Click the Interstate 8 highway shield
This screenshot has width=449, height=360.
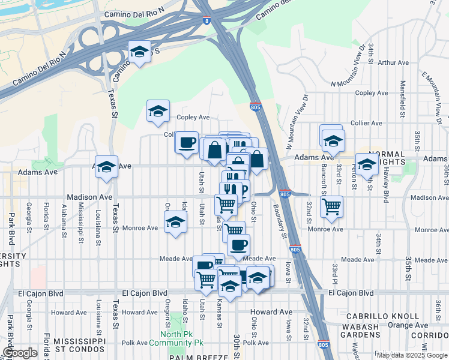click(207, 20)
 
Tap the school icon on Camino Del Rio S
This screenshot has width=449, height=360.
click(139, 52)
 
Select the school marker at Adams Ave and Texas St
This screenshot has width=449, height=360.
click(106, 167)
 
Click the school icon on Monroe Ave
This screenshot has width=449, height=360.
click(175, 223)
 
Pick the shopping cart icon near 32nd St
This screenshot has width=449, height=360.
click(331, 207)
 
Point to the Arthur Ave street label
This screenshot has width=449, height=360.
click(393, 62)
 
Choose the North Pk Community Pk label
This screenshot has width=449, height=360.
click(182, 338)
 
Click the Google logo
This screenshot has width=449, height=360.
click(20, 353)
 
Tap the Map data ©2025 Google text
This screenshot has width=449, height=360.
click(411, 355)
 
